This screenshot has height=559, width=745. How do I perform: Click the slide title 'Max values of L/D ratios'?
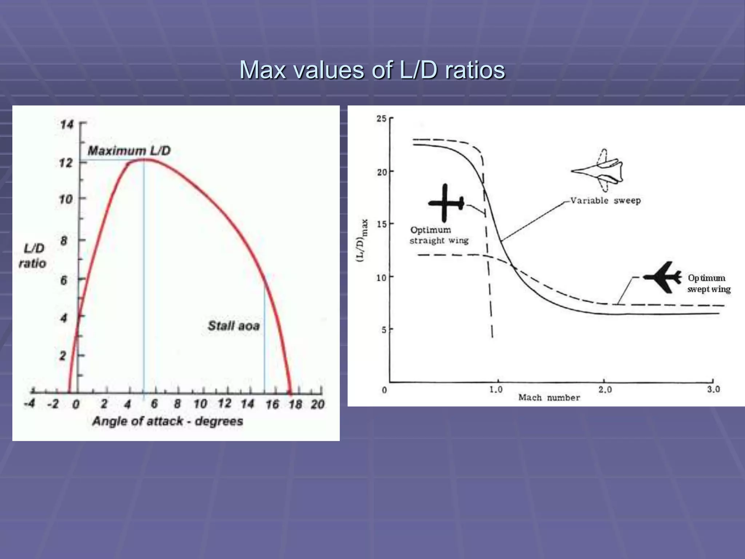coord(372,70)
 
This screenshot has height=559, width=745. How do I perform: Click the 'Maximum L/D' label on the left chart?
coord(129,151)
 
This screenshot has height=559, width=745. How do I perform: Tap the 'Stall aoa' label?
coord(234,325)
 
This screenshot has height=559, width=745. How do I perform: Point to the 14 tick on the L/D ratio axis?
coord(67,124)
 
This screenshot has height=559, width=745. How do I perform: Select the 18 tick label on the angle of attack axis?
coord(295,404)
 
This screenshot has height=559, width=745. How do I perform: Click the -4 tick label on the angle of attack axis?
coord(29,404)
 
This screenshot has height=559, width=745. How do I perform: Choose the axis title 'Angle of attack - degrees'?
coord(167,421)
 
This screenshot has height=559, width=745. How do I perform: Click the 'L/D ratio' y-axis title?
coord(33,256)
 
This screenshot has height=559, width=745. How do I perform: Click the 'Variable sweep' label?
coord(605,201)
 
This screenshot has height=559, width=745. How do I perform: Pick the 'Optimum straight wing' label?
coord(439,235)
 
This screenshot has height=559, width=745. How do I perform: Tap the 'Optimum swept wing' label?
coord(708,284)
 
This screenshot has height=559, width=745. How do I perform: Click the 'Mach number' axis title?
coord(549,397)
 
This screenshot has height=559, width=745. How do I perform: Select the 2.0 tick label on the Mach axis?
coord(605,390)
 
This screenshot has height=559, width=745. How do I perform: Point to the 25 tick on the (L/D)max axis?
coord(381,119)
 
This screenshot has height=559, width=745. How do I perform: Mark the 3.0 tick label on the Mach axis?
coord(713,389)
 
